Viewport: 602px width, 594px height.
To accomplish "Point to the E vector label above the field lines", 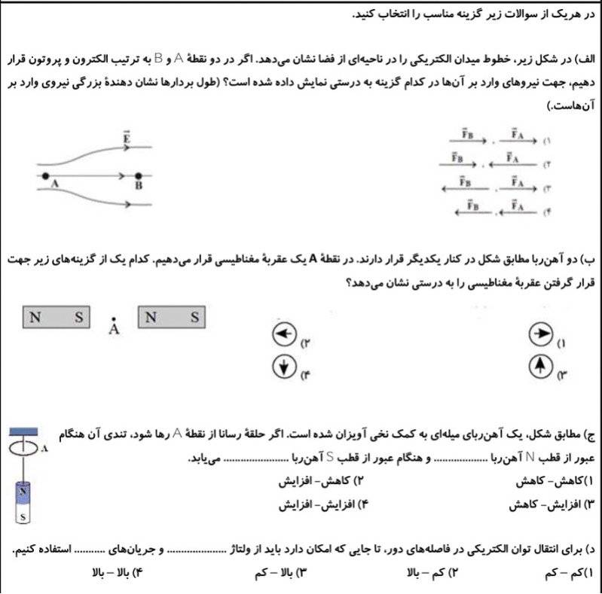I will click(127, 138).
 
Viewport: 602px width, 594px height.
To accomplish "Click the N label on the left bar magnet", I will click(35, 318).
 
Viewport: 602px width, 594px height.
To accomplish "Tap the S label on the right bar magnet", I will click(194, 318).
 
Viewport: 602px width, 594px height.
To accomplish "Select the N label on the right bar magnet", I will click(151, 318).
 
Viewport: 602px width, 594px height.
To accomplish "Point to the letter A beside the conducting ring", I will click(44, 449).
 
